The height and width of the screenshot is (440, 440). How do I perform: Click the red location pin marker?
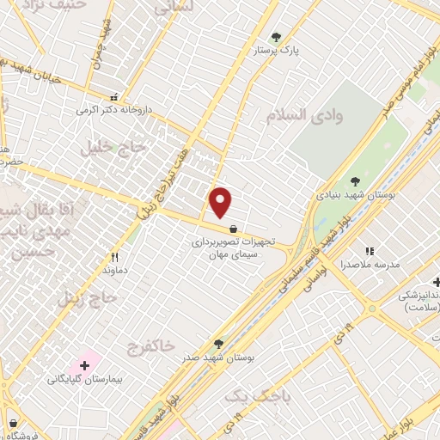pyautogui.click(x=221, y=202)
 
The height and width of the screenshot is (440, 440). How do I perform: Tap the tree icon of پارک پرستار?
pyautogui.click(x=276, y=37)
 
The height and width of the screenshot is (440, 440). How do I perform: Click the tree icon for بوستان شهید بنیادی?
pyautogui.click(x=355, y=180)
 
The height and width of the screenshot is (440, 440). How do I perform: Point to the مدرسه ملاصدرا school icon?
pyautogui.click(x=370, y=251)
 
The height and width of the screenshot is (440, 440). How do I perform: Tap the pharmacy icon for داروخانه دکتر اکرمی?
pyautogui.click(x=113, y=96)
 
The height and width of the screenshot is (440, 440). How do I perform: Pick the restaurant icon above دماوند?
pyautogui.click(x=114, y=256)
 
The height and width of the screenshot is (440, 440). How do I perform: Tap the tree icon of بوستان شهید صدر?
pyautogui.click(x=220, y=343)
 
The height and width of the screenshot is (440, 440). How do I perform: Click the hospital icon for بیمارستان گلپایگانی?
pyautogui.click(x=84, y=365)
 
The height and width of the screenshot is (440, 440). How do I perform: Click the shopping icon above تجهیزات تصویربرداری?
pyautogui.click(x=234, y=229)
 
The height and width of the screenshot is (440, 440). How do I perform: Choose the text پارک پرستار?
pyautogui.click(x=276, y=51)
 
